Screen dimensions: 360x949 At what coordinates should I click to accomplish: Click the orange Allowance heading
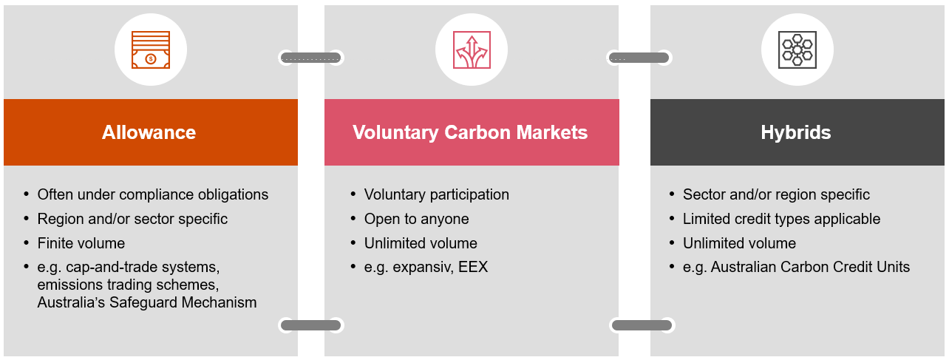(x=149, y=132)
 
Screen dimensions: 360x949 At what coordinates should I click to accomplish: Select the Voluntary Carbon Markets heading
(x=470, y=132)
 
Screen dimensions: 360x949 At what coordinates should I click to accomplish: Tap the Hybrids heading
(x=796, y=132)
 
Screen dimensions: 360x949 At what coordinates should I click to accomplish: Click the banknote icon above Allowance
(x=150, y=50)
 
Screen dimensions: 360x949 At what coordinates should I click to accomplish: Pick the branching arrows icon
(x=471, y=50)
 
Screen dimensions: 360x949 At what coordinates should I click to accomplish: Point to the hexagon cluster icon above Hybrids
(x=797, y=50)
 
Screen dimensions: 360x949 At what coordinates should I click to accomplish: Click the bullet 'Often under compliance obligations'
(x=153, y=195)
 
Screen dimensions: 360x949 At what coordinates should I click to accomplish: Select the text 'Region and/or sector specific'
(x=132, y=219)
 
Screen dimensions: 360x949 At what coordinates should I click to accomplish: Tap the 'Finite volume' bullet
(x=81, y=243)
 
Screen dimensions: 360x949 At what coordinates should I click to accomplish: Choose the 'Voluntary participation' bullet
(x=436, y=195)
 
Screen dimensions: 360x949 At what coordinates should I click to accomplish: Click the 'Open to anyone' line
(x=416, y=219)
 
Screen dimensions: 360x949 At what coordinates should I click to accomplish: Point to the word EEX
(x=473, y=267)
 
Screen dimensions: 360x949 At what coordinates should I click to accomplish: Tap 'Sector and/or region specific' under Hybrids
(x=776, y=195)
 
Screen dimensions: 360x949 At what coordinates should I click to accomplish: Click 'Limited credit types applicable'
(x=781, y=219)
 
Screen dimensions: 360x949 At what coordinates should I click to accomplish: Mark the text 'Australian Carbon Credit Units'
(x=810, y=267)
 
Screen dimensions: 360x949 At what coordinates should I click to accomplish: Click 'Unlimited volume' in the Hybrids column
(x=739, y=243)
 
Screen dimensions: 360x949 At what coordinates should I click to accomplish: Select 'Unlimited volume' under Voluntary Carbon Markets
(x=421, y=243)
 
